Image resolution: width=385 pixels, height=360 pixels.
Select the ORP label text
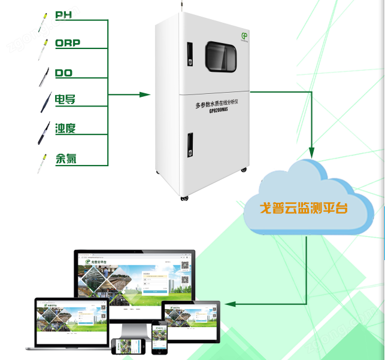[x=68, y=43]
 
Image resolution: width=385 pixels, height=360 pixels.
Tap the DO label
[x=64, y=74]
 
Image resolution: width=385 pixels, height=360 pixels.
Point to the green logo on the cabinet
[x=244, y=36]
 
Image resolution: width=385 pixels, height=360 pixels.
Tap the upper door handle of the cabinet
[x=189, y=55]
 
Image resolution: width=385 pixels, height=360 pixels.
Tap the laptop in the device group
[x=66, y=323]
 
